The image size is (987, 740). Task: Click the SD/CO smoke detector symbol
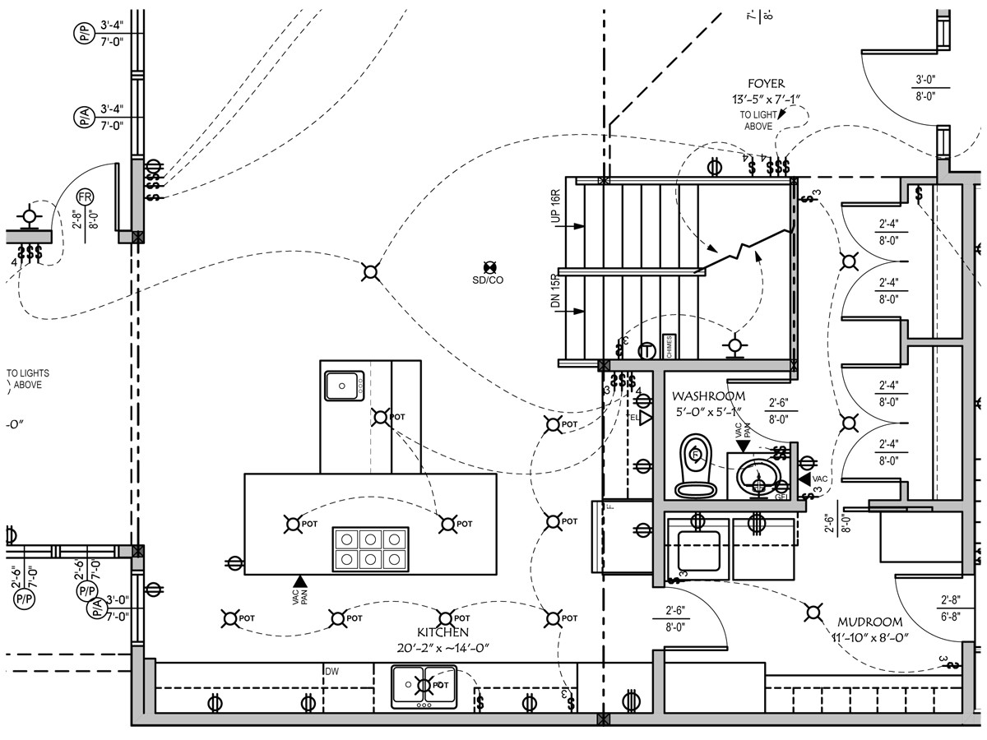point(490,267)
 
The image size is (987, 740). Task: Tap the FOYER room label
point(766,84)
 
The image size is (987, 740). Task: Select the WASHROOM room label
point(708,396)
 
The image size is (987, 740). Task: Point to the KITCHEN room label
point(443,632)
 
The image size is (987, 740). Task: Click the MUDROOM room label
point(870,622)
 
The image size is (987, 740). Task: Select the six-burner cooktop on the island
point(370,548)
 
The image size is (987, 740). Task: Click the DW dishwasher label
point(331,672)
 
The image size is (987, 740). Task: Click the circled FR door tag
point(85,197)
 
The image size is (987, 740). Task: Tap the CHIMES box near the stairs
point(670,347)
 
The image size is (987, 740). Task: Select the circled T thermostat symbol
point(647,351)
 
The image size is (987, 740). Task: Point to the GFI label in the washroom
point(782,497)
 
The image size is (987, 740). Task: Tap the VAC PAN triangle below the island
point(299,583)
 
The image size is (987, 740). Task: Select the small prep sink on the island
point(345,384)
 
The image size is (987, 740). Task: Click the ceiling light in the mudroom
point(813,612)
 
